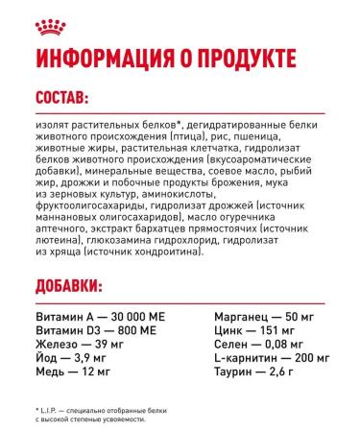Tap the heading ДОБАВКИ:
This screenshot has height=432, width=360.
[70, 289]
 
